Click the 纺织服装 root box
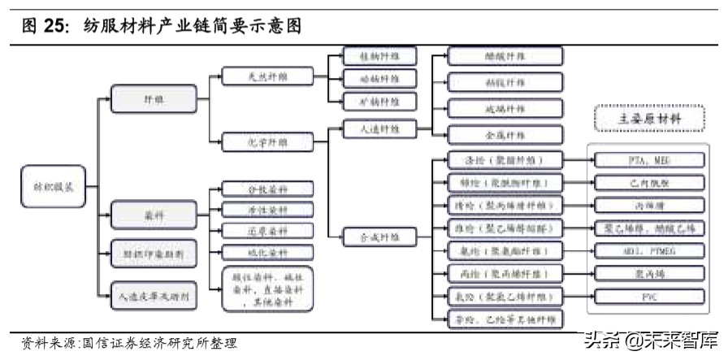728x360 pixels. pyautogui.click(x=48, y=188)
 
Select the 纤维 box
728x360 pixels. pyautogui.click(x=153, y=100)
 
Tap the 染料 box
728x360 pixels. pyautogui.click(x=153, y=215)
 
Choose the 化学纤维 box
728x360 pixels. pyautogui.click(x=255, y=141)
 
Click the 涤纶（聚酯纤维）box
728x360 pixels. pyautogui.click(x=505, y=160)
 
